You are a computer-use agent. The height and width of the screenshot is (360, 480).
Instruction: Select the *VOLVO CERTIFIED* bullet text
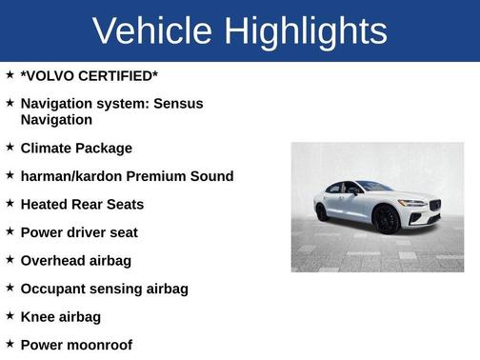(90, 74)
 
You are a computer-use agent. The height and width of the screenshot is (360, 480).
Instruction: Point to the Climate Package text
(76, 149)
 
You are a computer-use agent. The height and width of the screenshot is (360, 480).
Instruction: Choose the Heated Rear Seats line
(82, 204)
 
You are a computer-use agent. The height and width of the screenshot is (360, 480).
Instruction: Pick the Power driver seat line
(79, 232)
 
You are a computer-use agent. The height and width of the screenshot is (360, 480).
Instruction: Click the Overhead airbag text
(76, 260)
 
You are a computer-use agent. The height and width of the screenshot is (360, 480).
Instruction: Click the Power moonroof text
(76, 345)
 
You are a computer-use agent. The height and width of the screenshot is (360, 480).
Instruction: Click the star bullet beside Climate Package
(10, 148)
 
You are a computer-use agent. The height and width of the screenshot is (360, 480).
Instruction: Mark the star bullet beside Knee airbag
(10, 315)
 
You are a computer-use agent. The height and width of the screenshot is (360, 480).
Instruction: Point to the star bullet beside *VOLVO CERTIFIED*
(10, 73)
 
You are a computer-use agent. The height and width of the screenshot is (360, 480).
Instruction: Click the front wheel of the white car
(387, 220)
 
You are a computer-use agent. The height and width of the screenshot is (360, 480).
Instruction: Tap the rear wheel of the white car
(322, 211)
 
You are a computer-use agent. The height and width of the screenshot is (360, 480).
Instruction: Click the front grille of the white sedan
(433, 206)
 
